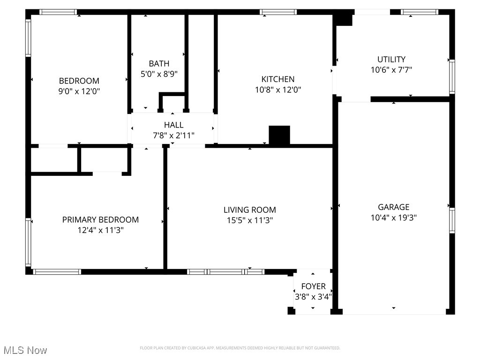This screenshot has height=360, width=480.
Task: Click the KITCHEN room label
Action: click(277, 79)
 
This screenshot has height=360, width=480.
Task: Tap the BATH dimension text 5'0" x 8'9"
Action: click(159, 74)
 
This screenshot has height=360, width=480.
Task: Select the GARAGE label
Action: click(393, 207)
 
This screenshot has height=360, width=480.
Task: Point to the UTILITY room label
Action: click(391, 59)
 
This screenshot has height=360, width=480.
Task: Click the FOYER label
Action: click(313, 286)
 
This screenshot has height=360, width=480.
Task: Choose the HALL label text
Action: click(173, 125)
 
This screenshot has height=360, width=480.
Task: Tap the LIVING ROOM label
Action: click(249, 210)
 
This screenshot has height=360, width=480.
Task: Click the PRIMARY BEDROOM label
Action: click(100, 219)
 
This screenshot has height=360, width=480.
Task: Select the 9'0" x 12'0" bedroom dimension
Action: click(79, 91)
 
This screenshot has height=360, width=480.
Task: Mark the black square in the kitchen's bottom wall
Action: click(279, 135)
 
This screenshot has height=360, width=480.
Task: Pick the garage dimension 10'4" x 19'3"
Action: click(393, 217)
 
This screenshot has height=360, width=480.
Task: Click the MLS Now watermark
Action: click(25, 350)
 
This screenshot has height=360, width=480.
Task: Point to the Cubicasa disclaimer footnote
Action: click(240, 348)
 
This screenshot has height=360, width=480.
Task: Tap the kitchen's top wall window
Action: click(278, 12)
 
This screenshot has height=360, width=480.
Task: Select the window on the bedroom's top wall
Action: click(58, 12)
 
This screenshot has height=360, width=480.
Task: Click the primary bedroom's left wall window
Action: click(28, 242)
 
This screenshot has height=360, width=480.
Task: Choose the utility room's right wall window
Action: click(452, 76)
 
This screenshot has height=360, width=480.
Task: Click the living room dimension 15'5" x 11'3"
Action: click(249, 220)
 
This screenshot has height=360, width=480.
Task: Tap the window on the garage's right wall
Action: click(452, 220)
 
